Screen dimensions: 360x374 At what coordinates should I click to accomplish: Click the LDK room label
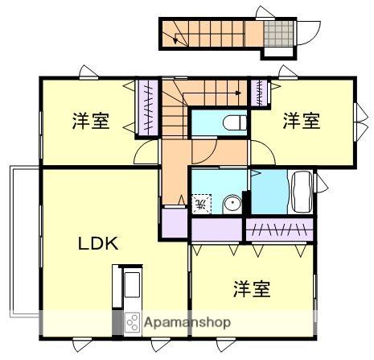98,243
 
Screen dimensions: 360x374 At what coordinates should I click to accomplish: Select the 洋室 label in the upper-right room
301,122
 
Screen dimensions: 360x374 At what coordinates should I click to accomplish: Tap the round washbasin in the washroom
232,203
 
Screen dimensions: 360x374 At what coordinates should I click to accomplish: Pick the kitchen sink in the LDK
130,284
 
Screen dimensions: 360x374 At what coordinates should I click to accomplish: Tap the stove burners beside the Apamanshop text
131,321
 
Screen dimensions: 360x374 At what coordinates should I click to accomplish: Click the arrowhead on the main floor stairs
240,93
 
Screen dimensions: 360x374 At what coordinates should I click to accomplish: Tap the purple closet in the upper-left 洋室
147,110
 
